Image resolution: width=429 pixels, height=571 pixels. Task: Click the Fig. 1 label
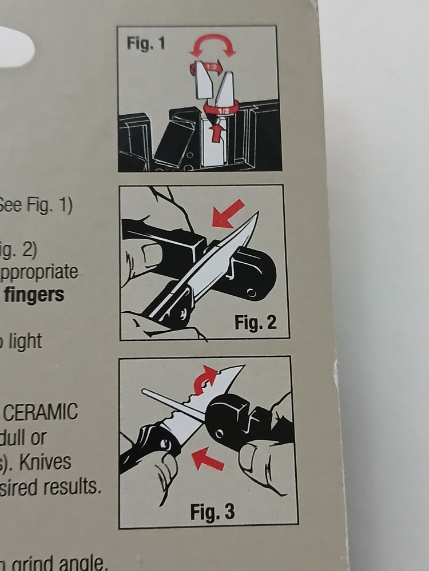click(145, 44)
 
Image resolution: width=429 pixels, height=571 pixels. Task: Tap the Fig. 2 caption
click(255, 323)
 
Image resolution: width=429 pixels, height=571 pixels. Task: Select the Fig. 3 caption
click(212, 511)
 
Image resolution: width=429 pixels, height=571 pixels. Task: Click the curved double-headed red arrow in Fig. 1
click(213, 44)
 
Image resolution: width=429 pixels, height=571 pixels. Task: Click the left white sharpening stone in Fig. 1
click(203, 80)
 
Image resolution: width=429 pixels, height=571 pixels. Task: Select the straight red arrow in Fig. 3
click(207, 459)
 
